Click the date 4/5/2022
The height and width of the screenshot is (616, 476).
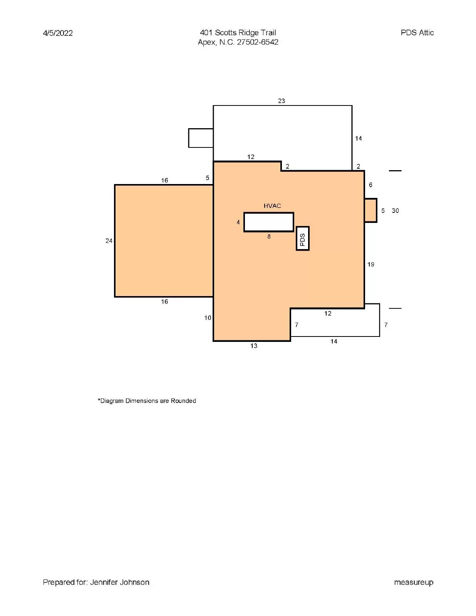(58, 33)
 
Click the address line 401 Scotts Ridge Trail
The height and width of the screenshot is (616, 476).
(238, 33)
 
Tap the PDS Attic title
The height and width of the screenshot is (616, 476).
(417, 33)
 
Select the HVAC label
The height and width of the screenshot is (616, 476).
(272, 206)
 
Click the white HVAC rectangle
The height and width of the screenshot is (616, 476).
(269, 222)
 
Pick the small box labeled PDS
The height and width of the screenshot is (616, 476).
(303, 239)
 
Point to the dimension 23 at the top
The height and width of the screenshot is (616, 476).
(282, 101)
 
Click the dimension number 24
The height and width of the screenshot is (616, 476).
(109, 241)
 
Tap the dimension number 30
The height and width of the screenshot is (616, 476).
(396, 211)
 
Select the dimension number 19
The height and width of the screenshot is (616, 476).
(371, 264)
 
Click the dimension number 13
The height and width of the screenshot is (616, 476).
(254, 346)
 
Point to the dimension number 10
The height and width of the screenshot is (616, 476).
(208, 318)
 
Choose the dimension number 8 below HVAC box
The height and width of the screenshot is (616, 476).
(269, 237)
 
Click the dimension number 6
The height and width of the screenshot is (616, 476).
(370, 185)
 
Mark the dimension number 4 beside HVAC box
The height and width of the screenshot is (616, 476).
(238, 223)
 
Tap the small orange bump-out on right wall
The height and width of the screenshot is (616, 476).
(370, 211)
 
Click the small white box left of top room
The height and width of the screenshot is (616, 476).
(201, 138)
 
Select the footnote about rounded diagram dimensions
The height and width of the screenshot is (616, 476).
(147, 401)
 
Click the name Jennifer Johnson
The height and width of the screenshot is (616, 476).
(120, 582)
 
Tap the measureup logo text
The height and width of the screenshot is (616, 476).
(414, 583)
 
